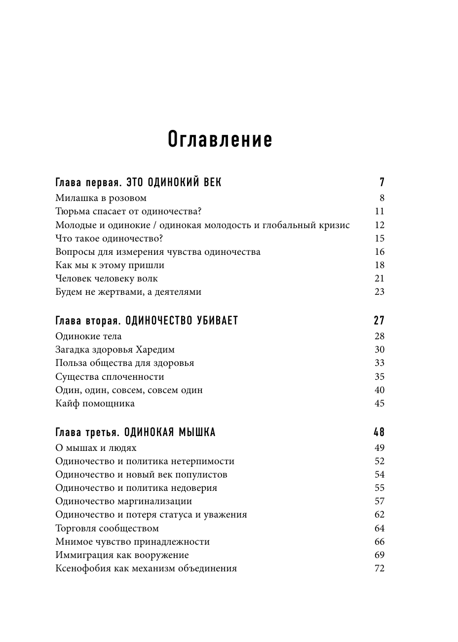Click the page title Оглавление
click(x=220, y=140)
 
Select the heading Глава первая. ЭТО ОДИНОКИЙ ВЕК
click(x=138, y=182)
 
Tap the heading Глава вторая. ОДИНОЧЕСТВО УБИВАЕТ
click(x=147, y=321)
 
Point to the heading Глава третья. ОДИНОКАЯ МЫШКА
click(x=135, y=432)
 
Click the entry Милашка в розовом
click(x=101, y=198)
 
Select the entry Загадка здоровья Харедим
click(x=115, y=350)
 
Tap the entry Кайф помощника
click(x=95, y=403)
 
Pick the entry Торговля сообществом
click(x=107, y=528)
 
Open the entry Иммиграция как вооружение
click(x=122, y=555)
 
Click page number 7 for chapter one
click(x=382, y=182)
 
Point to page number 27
click(x=379, y=321)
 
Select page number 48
click(x=379, y=432)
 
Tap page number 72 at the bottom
click(x=379, y=568)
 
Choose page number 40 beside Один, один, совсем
click(x=379, y=390)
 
